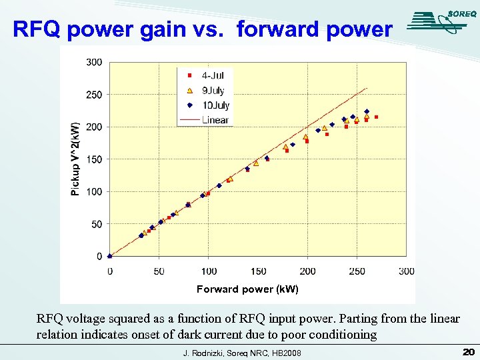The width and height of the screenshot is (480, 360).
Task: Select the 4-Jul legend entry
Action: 207,75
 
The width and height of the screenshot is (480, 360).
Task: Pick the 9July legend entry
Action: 207,90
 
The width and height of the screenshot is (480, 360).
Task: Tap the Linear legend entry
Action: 207,120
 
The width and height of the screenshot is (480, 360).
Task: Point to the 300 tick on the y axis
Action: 94,62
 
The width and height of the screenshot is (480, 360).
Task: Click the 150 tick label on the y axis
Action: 94,159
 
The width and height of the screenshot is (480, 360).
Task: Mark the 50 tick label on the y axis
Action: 97,225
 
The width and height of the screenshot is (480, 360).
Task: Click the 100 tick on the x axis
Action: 209,271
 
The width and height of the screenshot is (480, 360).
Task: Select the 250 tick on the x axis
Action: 357,271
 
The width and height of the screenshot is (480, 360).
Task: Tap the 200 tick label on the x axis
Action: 307,271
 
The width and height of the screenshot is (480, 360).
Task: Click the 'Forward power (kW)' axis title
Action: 247,289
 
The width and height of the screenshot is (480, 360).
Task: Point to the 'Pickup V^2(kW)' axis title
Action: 75,159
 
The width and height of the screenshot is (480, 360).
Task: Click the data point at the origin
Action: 110,256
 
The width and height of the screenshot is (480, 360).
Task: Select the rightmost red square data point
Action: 376,117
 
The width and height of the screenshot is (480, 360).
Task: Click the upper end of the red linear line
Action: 367,88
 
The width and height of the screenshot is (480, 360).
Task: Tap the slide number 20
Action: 467,351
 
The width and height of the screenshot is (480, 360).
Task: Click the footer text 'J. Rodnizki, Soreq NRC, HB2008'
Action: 242,353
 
